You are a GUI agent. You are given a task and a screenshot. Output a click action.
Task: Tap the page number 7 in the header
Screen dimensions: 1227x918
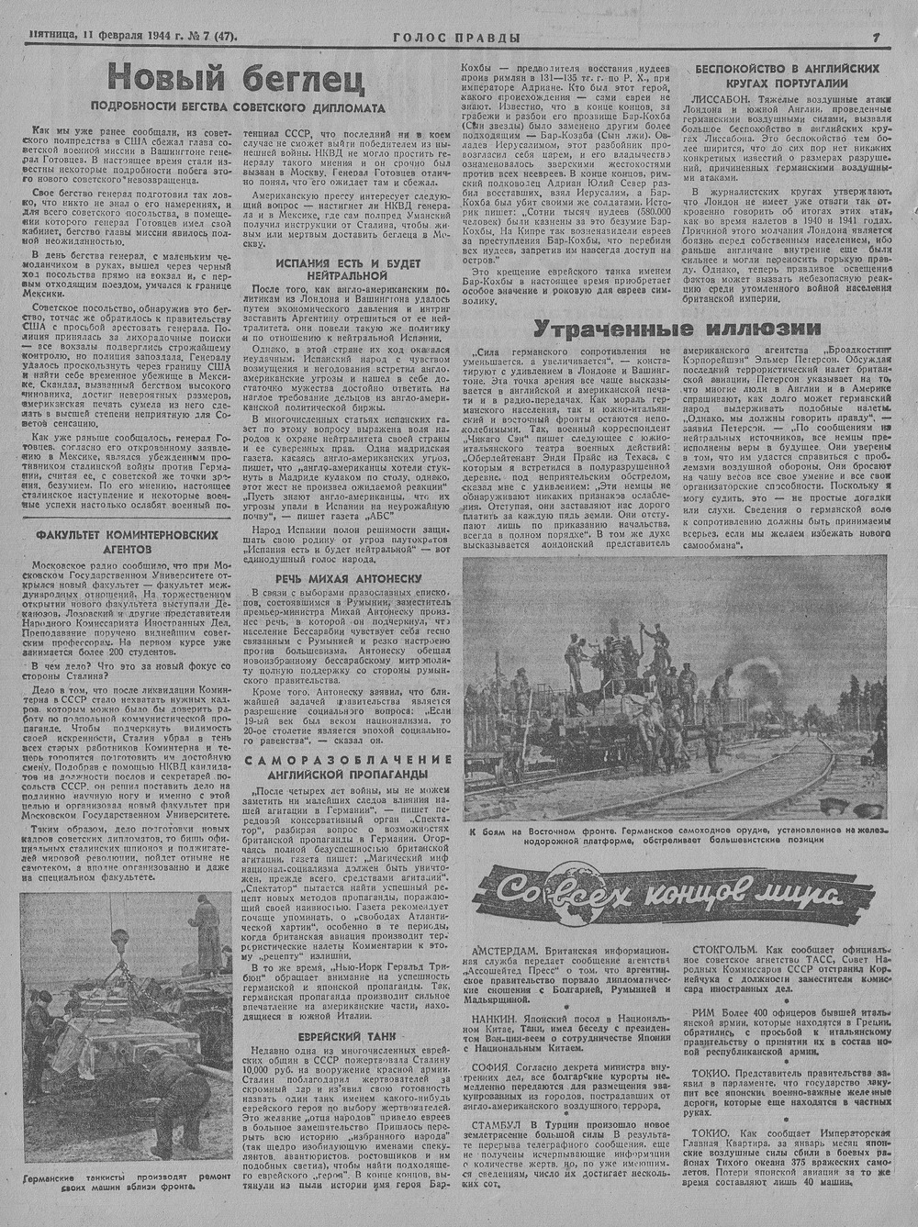[877, 38]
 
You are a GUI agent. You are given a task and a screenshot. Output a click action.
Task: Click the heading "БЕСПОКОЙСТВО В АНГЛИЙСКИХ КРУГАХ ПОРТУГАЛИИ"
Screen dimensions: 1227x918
[788, 75]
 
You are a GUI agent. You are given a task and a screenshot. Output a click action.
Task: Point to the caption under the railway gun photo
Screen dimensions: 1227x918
[677, 836]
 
